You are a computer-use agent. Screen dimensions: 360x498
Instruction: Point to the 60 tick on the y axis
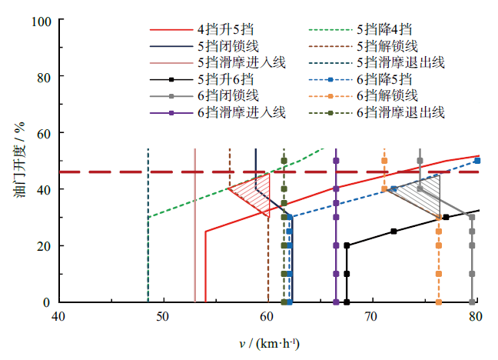45,133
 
